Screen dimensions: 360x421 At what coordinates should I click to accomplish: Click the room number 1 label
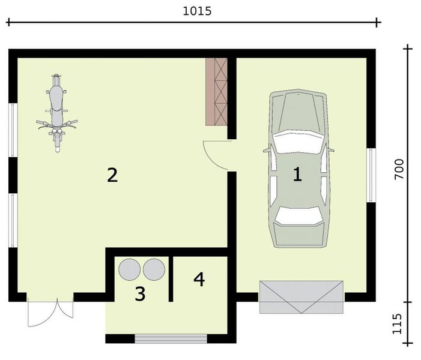pos(297,175)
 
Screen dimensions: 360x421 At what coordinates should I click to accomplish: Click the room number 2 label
pos(112,175)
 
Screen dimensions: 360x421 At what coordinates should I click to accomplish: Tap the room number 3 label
pos(139,294)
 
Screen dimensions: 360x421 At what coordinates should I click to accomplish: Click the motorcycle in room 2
pos(56,112)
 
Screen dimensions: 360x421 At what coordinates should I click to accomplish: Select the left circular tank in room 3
pos(130,269)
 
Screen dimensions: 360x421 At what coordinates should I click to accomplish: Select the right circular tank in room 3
pos(154,269)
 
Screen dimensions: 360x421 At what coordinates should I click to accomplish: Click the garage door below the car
pos(301,297)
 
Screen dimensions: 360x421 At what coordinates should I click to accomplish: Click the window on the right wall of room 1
pos(372,175)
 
